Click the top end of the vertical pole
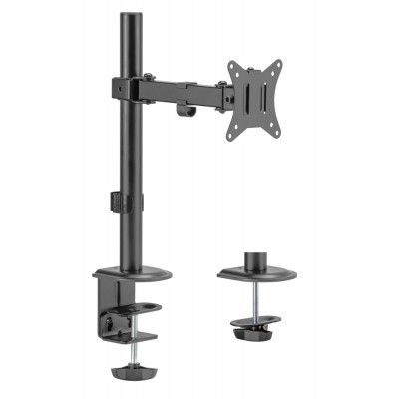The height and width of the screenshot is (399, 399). (128, 17)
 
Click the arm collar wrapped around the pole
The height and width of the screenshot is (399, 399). (127, 86)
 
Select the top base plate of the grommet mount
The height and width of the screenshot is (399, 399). (254, 274)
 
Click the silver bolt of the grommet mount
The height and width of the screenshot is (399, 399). (255, 298)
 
